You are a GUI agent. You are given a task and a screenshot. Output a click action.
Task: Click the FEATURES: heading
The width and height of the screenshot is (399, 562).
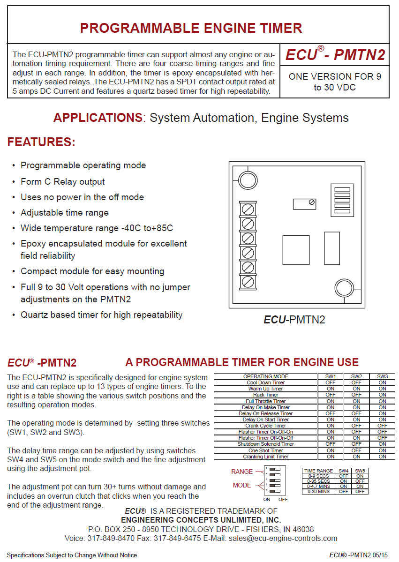41,142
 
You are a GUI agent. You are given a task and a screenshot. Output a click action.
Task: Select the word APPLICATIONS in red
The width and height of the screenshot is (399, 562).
98,118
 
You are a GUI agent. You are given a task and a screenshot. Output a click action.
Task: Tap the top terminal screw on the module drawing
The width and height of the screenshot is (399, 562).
248,208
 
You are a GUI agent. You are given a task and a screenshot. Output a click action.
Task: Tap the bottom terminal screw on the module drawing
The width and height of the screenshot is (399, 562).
248,282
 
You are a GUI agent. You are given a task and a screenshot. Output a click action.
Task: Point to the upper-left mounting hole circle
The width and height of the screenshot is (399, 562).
245,178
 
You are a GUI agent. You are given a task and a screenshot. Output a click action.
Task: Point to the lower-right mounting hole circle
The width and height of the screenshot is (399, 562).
343,287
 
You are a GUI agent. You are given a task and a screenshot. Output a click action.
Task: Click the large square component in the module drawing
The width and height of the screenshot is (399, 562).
296,250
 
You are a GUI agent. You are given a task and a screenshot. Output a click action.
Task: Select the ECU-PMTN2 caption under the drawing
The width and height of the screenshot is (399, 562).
294,320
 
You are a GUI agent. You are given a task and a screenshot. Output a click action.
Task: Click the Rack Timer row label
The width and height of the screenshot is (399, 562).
265,395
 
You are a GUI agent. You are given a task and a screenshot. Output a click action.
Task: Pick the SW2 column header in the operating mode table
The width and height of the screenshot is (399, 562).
356,376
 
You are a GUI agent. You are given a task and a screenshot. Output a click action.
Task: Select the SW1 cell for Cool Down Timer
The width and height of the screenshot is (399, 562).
331,382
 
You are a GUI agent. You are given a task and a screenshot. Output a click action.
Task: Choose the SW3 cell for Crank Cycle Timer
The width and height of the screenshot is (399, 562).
383,426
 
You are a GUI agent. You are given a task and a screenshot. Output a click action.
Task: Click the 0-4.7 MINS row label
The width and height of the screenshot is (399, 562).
319,487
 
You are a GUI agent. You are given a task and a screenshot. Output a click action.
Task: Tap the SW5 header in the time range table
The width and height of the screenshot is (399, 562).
360,471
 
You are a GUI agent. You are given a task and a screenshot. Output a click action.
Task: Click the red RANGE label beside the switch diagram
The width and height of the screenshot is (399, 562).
242,472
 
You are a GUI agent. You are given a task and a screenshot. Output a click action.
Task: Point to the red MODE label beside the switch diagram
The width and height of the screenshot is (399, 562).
242,485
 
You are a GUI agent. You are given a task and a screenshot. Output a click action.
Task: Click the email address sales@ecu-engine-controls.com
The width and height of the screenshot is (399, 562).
283,538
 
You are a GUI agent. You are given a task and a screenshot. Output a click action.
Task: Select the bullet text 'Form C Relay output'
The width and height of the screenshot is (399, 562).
63,181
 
